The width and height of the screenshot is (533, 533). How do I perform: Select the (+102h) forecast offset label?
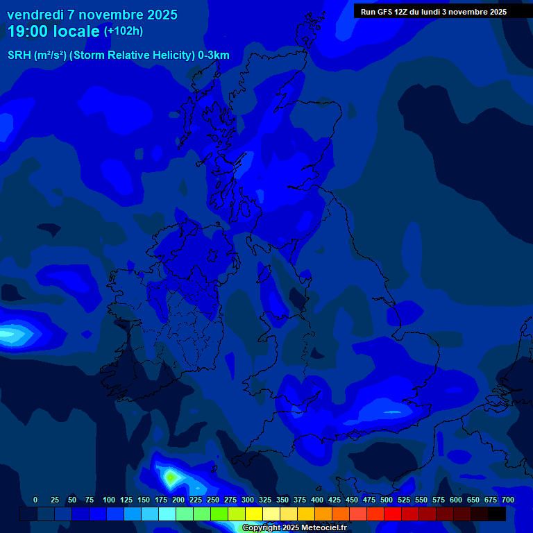coord(124,31)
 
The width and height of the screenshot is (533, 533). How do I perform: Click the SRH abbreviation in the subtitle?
coord(19,56)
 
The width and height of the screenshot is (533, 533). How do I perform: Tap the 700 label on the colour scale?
coord(507,500)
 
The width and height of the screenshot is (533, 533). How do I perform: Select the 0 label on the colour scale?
coord(35,500)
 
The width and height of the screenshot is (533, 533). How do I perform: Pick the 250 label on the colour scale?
coord(212,500)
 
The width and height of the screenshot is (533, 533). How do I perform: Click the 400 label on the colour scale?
coord(317,500)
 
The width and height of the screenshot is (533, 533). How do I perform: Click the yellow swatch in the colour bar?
coord(254,514)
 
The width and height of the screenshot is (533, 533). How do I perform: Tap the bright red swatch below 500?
coord(393,514)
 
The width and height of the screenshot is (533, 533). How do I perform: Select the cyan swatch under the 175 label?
coord(167,514)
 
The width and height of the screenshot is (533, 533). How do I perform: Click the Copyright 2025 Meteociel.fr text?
coord(294,528)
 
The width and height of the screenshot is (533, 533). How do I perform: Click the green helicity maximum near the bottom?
coord(171,477)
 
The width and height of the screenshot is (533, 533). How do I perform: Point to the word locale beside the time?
coord(74,31)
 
